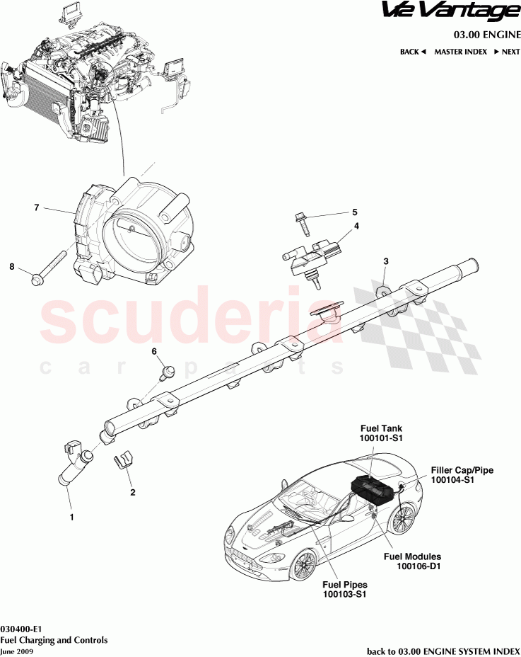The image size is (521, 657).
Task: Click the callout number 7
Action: point(35,207)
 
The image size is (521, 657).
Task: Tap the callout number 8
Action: point(11,266)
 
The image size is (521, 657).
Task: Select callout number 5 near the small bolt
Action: point(356,212)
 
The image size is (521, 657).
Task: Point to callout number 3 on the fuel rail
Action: point(386,261)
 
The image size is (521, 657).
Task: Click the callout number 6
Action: point(153,351)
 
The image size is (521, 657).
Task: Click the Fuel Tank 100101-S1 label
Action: point(381,434)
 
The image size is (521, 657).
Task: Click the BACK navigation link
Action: point(413,52)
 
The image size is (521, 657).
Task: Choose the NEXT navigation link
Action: point(507,52)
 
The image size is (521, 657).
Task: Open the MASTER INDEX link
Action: point(460,52)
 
